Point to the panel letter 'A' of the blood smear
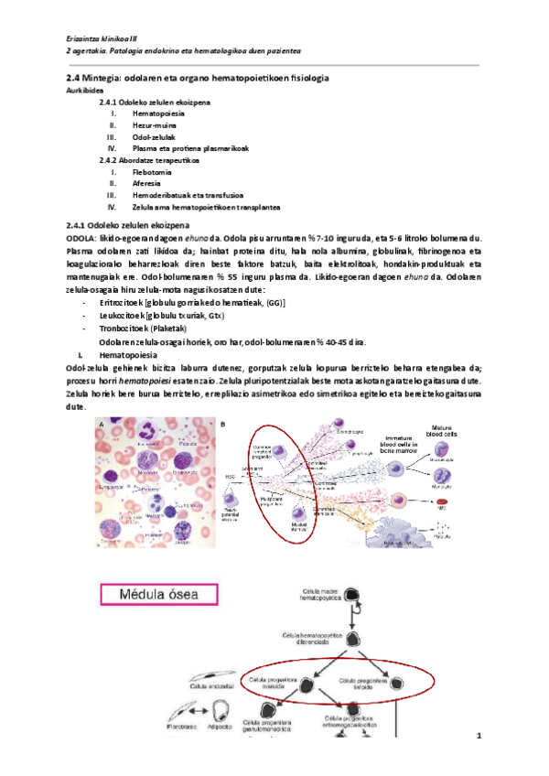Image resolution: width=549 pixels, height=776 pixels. (x=100, y=424)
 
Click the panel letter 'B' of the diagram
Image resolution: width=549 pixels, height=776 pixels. (x=224, y=424)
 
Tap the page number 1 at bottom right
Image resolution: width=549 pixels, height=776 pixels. (x=479, y=737)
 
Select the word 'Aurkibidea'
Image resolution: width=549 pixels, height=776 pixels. (x=85, y=92)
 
